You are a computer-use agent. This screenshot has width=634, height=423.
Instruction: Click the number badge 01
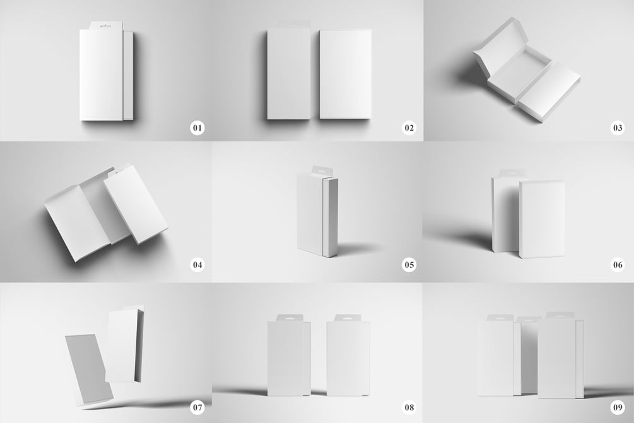pos(197,128)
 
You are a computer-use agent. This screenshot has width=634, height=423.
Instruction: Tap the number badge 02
pos(409,128)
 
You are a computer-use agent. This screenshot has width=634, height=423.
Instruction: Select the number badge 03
pos(618,128)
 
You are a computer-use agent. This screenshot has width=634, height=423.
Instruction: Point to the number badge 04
pos(197,265)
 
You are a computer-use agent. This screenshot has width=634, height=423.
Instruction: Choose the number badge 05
pos(409,265)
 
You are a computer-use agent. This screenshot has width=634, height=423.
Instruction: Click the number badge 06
pos(618,265)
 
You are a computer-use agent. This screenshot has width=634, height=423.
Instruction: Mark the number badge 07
pos(197,407)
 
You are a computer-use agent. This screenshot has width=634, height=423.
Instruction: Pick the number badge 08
pos(409,407)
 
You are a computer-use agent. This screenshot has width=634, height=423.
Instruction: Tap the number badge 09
pos(618,407)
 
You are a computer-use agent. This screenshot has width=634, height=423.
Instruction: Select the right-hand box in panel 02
pos(345,74)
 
